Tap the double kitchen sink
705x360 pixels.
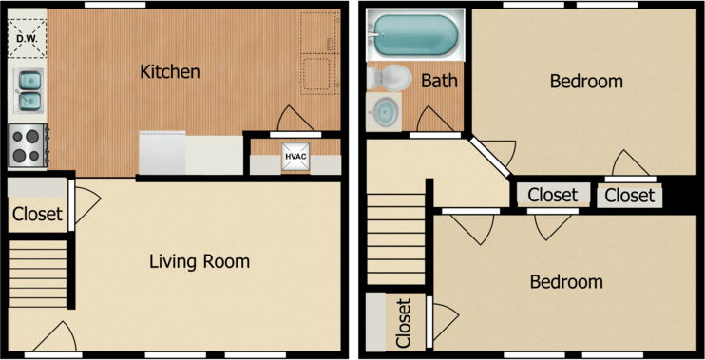(x=29, y=88)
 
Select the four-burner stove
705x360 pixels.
(x=28, y=145)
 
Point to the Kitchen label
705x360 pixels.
(x=170, y=71)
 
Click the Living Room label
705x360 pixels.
(x=200, y=260)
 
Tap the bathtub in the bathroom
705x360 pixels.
(x=414, y=34)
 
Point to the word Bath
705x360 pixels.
(x=439, y=81)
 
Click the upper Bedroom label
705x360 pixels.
(x=586, y=82)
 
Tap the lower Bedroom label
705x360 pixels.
(x=566, y=282)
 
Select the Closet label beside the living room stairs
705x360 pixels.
(x=37, y=215)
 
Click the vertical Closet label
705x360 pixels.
(x=403, y=323)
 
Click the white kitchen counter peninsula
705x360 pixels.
(x=191, y=153)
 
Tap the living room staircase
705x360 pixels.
(x=38, y=273)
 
